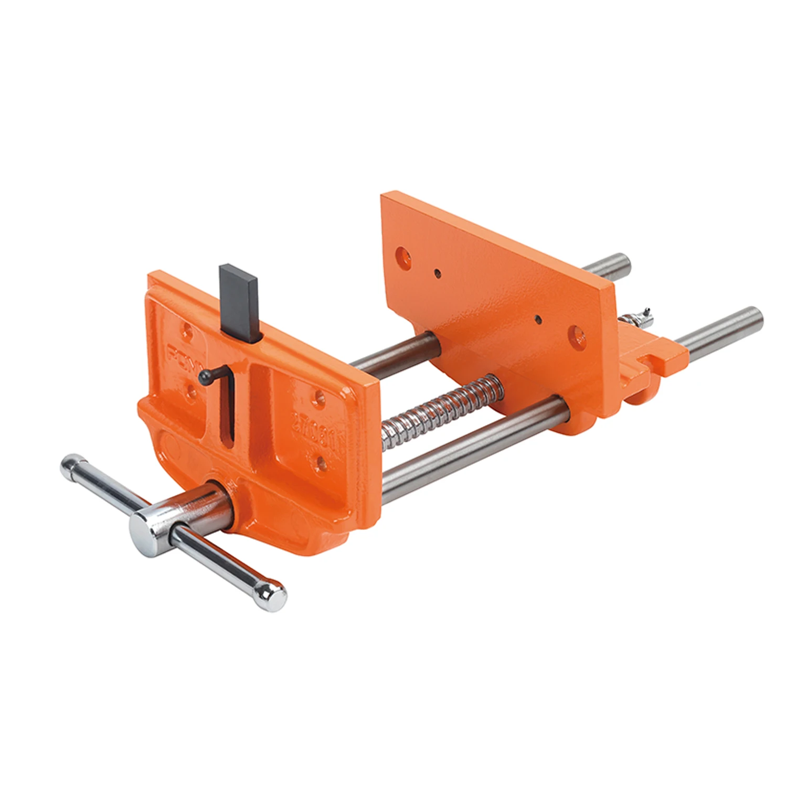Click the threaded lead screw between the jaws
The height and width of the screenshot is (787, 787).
[x=441, y=404]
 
